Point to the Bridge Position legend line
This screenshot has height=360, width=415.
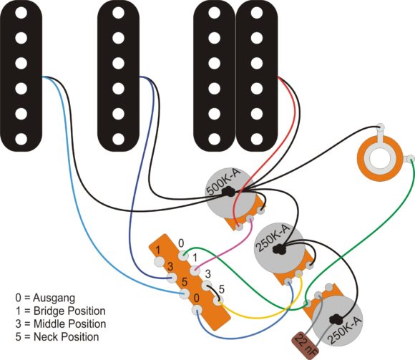(x=61, y=311)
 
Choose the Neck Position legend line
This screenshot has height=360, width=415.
(x=57, y=336)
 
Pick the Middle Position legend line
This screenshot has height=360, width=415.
(x=61, y=323)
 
